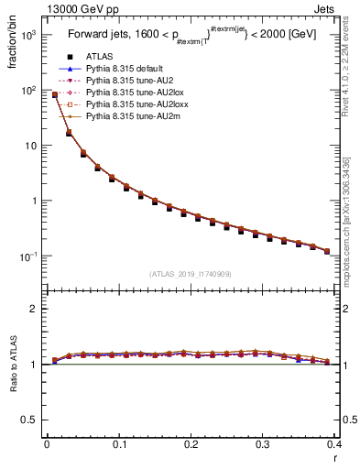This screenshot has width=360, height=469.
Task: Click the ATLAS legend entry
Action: pos(100,57)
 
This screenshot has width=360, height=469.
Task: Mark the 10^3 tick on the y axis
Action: pos(30,35)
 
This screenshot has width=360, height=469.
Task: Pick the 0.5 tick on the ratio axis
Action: pos(29,420)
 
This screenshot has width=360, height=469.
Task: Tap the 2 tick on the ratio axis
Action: pos(35,309)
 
